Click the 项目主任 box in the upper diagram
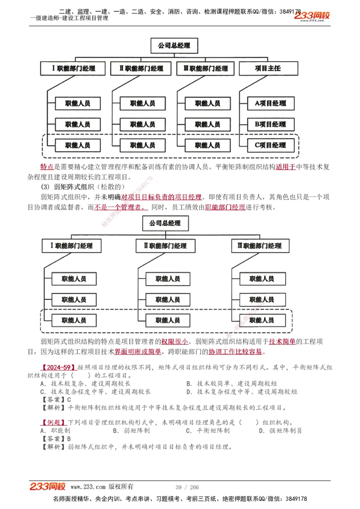click(268, 68)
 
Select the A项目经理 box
click(270, 103)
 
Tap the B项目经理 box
click(270, 124)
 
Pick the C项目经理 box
click(270, 145)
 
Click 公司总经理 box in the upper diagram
click(174, 45)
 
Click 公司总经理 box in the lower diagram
click(165, 223)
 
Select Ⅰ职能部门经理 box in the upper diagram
click(74, 68)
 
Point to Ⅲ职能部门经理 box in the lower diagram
click(259, 246)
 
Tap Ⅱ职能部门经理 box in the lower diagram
click(165, 246)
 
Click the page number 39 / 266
click(187, 487)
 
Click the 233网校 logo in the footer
click(48, 486)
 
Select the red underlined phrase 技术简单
click(282, 341)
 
